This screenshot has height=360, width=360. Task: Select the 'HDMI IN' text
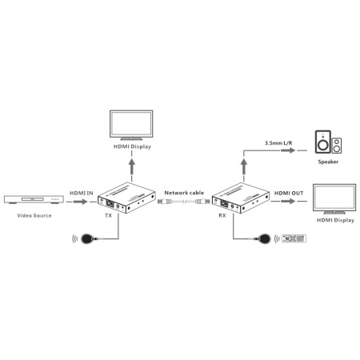click(82, 192)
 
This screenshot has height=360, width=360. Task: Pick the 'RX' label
click(222, 215)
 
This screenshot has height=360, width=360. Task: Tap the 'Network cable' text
click(183, 192)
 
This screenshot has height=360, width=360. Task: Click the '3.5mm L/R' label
click(276, 144)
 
